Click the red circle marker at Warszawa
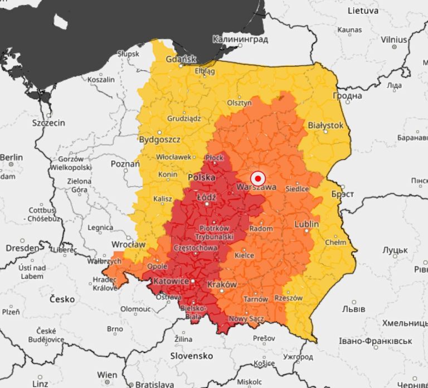257,178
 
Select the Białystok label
325,125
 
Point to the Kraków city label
222,284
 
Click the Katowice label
171,282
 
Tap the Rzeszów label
289,298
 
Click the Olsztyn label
239,103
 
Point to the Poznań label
125,164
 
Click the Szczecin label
48,123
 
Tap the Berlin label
11,158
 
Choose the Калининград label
240,40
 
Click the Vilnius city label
394,40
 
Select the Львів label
353,309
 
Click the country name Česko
62,299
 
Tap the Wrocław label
128,244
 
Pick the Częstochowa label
196,248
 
